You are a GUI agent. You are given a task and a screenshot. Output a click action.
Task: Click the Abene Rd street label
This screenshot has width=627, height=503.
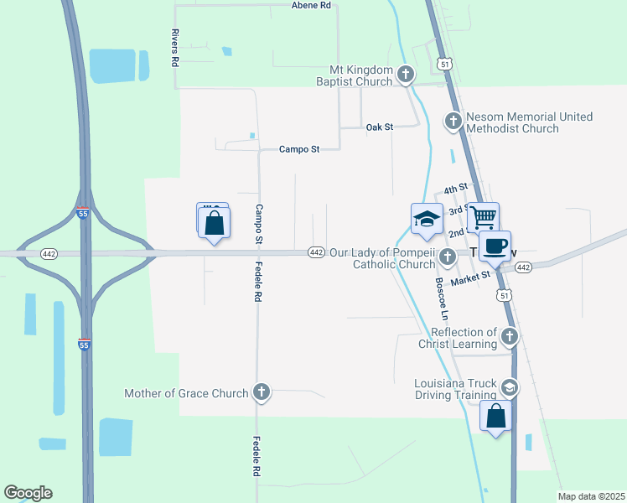[x=312, y=5]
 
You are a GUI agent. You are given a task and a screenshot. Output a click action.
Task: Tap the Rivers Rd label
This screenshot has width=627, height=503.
[x=175, y=48]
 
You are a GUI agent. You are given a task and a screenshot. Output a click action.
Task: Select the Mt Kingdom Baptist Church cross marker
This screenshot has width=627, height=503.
[x=406, y=75]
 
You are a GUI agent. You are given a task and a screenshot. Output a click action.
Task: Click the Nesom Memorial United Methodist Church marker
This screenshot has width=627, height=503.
[x=453, y=122]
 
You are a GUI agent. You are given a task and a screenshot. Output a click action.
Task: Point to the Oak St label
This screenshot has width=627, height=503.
[x=379, y=127]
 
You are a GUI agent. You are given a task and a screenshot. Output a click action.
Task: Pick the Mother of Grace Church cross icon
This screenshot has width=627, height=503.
[x=262, y=392]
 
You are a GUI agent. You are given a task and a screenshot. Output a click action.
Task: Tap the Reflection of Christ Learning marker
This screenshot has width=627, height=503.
[x=509, y=338]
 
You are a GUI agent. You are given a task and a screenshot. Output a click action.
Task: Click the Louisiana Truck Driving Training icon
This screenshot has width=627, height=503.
[x=508, y=387]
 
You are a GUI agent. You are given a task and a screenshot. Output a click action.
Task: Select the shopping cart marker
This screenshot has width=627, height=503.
[x=484, y=217]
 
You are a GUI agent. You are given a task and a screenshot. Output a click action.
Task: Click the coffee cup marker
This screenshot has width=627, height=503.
[x=495, y=246]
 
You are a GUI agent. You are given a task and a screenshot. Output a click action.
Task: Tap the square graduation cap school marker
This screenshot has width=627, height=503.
[x=427, y=219]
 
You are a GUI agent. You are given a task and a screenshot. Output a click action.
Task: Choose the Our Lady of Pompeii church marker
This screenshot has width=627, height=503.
[x=448, y=257]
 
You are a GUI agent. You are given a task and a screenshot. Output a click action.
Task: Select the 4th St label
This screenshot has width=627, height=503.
[x=455, y=189]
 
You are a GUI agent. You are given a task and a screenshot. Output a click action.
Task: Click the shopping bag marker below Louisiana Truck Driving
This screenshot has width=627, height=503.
[x=496, y=415]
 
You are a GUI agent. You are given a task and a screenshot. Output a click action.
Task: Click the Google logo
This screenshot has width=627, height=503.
[x=28, y=493]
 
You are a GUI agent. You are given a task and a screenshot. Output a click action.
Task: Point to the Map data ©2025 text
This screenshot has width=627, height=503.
[x=591, y=496]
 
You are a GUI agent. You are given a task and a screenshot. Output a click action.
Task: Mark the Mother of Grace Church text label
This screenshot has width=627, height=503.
[x=186, y=393]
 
